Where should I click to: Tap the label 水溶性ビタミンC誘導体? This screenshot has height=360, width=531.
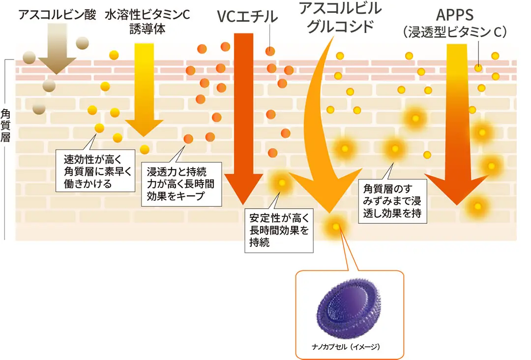pos(147,22)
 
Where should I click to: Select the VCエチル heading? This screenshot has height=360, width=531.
pos(247,17)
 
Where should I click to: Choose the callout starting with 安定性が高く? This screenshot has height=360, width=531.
pos(279,230)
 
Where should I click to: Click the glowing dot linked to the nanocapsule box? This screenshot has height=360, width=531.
pos(336,227)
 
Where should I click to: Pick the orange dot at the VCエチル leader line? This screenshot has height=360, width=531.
pos(270,51)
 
